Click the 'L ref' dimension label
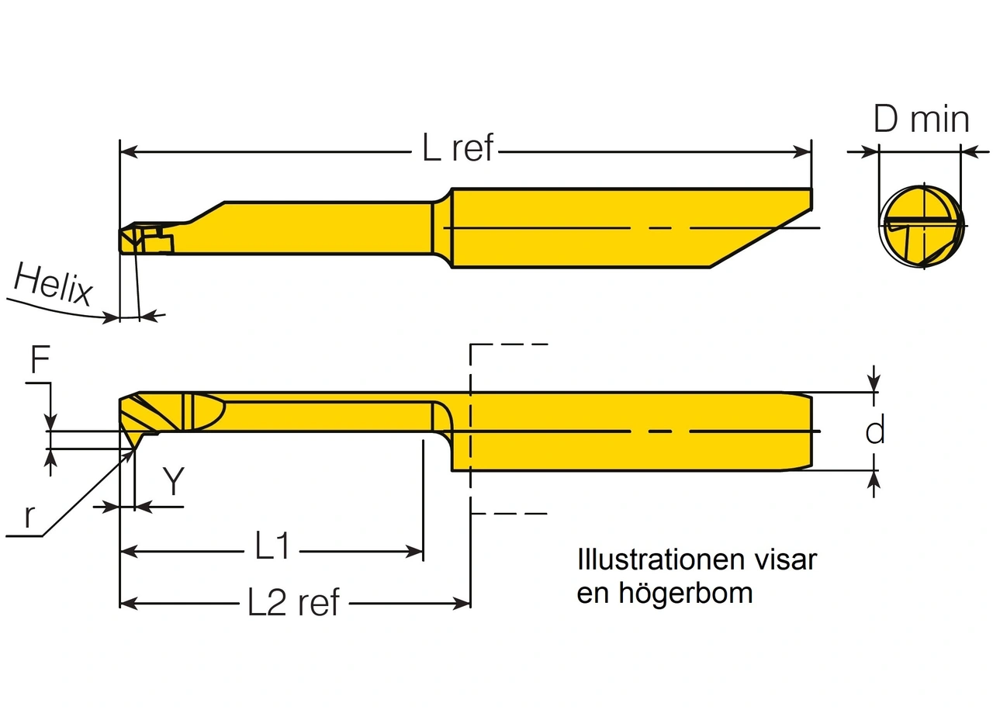[458, 147]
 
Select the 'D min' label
[921, 120]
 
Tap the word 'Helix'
[53, 286]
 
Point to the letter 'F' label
[40, 362]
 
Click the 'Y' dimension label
[174, 482]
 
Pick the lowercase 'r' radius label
[29, 517]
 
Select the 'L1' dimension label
[272, 548]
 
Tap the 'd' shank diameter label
[875, 431]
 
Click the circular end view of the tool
[922, 227]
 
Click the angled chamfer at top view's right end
[760, 238]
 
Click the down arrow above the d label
[875, 383]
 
